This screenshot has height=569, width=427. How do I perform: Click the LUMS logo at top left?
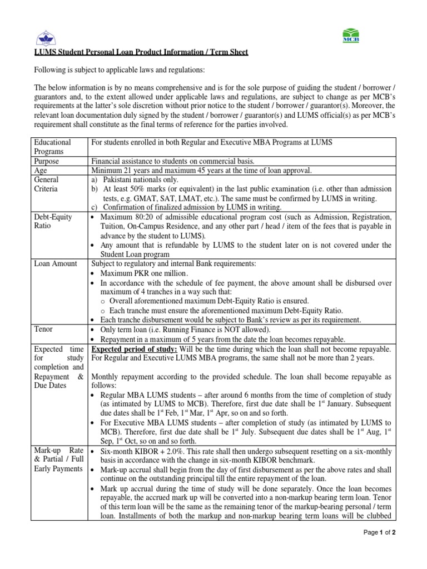(x=46, y=38)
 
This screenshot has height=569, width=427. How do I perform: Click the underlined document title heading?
(x=141, y=52)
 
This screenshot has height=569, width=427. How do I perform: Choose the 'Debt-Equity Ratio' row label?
(x=53, y=222)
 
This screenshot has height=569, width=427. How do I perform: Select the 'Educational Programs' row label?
(x=52, y=147)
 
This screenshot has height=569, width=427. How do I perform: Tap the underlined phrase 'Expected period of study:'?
(x=134, y=348)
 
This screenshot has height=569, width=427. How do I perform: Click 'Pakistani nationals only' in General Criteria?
(x=140, y=180)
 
